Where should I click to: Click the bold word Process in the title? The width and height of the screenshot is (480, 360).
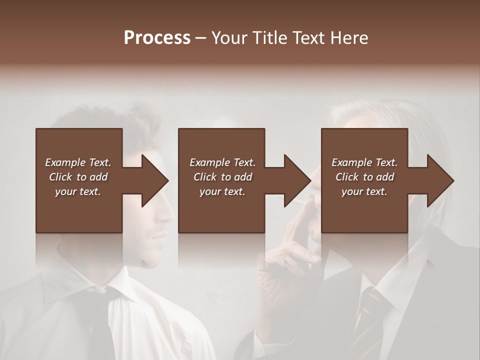pos(157,38)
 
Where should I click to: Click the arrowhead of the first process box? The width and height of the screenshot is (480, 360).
pos(155,180)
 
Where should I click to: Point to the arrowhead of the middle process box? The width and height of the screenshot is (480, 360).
pos(297,180)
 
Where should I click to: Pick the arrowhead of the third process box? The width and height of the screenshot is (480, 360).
pos(440,180)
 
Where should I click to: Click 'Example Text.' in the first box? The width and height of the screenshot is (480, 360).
pos(78,162)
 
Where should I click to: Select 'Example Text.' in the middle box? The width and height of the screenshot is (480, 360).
pos(222,162)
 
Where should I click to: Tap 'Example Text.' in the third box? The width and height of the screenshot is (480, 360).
pos(364,162)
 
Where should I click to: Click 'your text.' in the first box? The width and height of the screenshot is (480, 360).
pos(78,191)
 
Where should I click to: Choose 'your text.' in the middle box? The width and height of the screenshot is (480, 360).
pos(222,191)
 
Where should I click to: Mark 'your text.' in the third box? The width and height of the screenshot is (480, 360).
pos(364,191)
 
